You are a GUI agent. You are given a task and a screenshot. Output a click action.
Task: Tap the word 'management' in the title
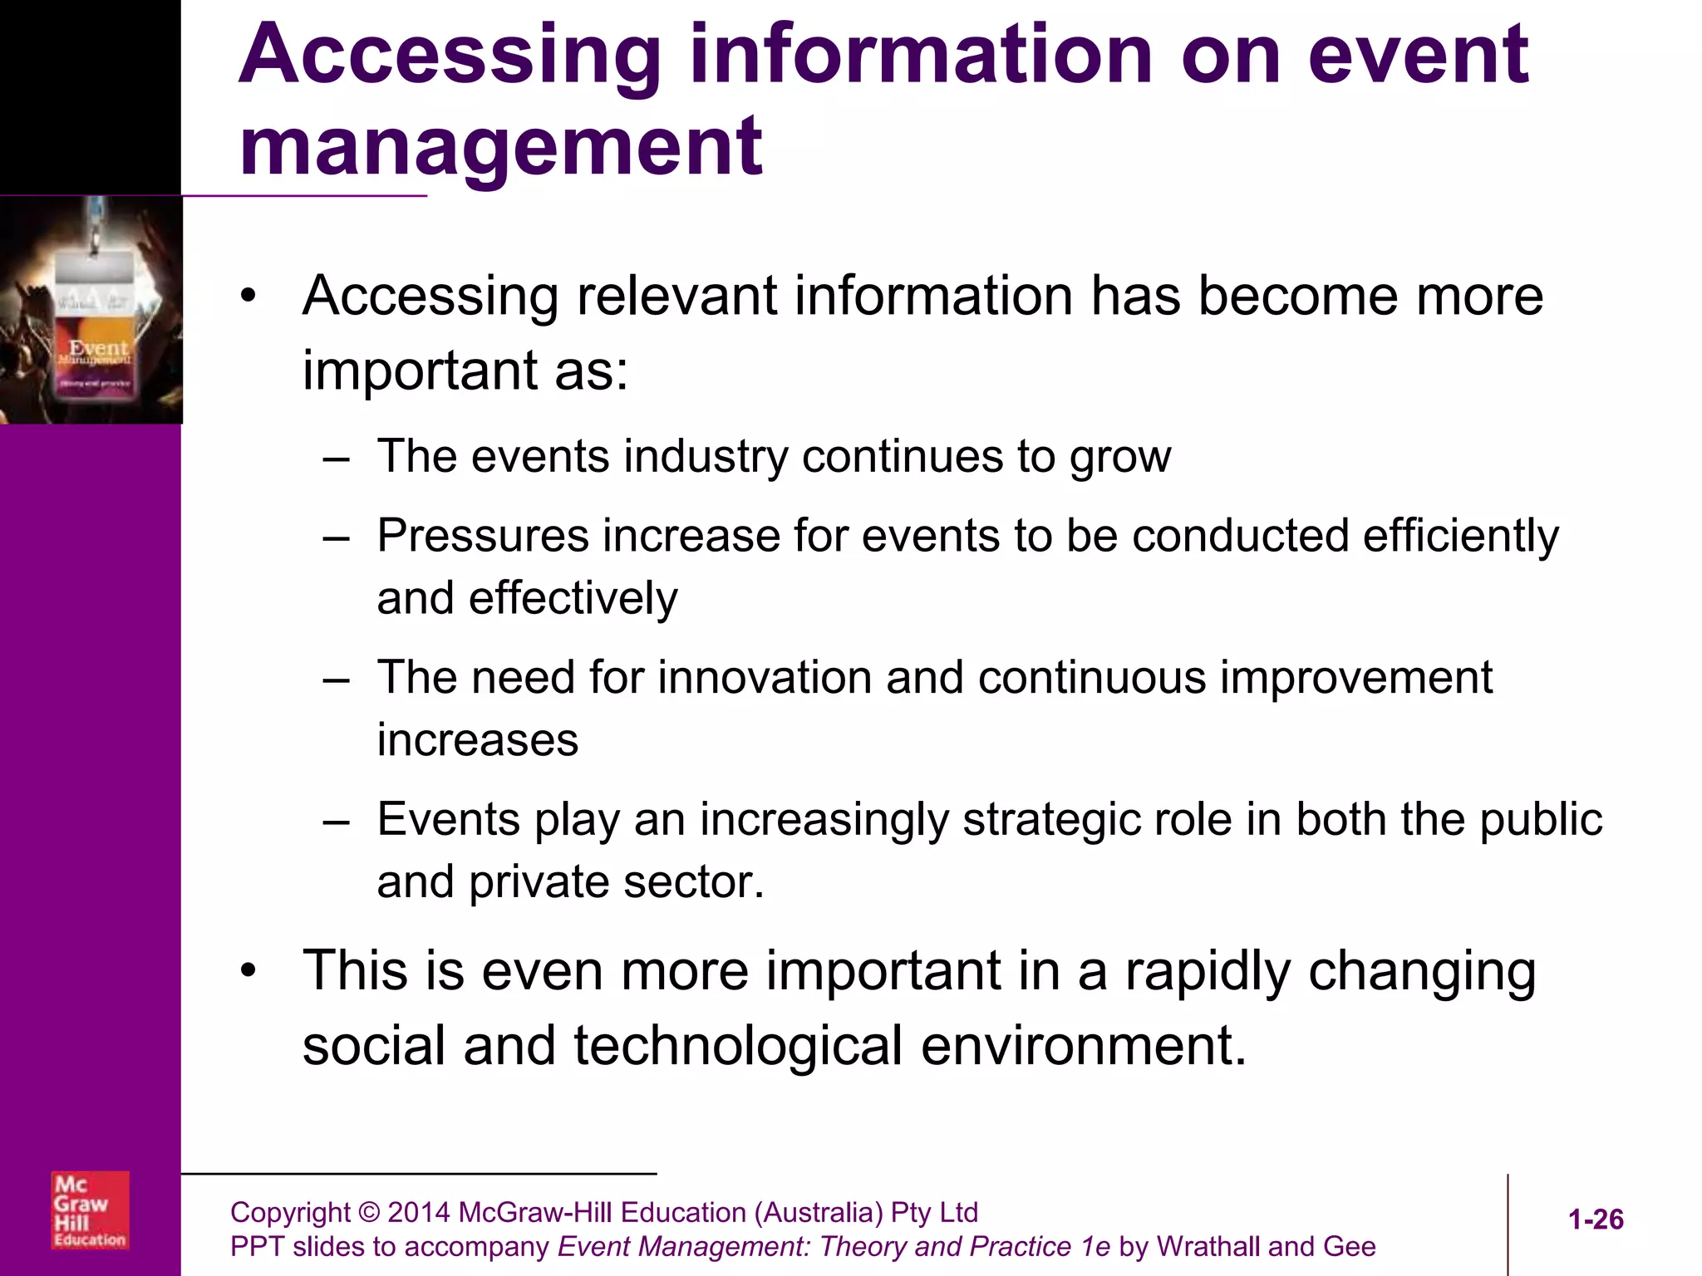pos(500,147)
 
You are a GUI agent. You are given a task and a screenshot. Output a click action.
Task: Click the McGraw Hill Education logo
pos(90,1210)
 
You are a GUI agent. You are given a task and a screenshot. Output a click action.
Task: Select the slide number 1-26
pos(1595,1220)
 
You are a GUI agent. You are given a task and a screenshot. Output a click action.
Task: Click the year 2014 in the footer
pos(419,1213)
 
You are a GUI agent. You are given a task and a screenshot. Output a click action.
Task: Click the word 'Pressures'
pos(483,536)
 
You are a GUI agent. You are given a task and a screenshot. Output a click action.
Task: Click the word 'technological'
pos(737,1046)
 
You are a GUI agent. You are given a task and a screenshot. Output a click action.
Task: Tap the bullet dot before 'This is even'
pos(248,971)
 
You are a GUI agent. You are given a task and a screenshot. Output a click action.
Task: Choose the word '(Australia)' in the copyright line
pos(818,1213)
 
